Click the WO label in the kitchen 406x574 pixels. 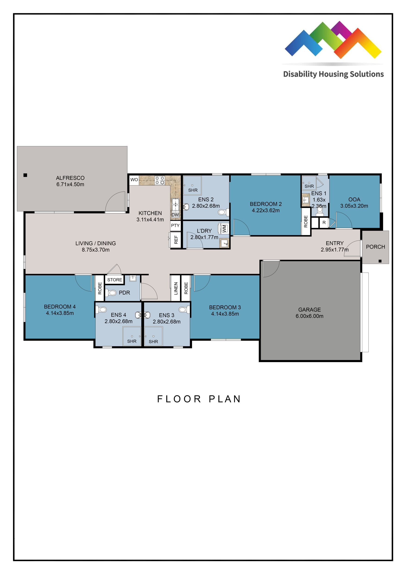pyautogui.click(x=134, y=179)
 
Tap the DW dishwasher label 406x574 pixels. pyautogui.click(x=175, y=215)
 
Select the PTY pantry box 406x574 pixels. pyautogui.click(x=175, y=226)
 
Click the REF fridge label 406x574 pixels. pyautogui.click(x=176, y=239)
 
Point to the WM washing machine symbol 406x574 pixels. pyautogui.click(x=224, y=228)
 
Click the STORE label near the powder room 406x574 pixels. pyautogui.click(x=115, y=280)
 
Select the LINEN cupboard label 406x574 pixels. pyautogui.click(x=176, y=289)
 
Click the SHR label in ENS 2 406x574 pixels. pyautogui.click(x=193, y=190)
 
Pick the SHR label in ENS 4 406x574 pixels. pyautogui.click(x=132, y=341)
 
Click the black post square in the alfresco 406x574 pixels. pyautogui.click(x=25, y=175)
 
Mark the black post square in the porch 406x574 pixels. pyautogui.click(x=380, y=261)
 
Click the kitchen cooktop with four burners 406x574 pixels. pyautogui.click(x=160, y=180)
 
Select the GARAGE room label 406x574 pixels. pyautogui.click(x=309, y=310)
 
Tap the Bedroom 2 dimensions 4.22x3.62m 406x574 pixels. pyautogui.click(x=265, y=210)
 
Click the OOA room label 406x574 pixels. pyautogui.click(x=354, y=200)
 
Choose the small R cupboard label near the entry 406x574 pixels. pyautogui.click(x=324, y=223)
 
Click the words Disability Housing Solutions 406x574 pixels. pyautogui.click(x=333, y=74)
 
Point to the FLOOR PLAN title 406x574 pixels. pyautogui.click(x=199, y=399)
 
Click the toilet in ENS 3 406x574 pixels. pyautogui.click(x=183, y=310)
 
